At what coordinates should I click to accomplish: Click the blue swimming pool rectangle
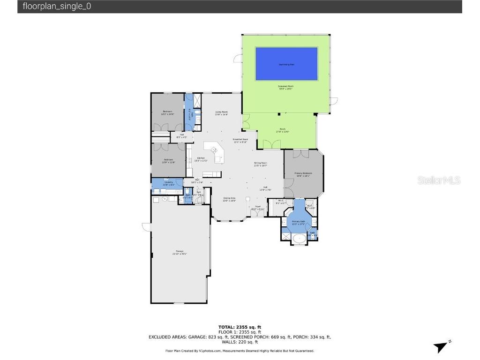pos(286,64)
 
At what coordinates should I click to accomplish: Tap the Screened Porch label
pos(286,88)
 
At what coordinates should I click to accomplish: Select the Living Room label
pos(221,112)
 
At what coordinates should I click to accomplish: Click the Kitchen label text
pos(201,159)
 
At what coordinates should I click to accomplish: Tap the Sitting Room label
pos(260,164)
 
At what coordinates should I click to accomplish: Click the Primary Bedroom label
pos(303,174)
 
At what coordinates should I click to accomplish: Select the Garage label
pos(180,252)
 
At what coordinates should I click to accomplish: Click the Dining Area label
pos(229,199)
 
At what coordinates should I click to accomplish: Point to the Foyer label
pos(257,207)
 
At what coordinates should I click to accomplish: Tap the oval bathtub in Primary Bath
pos(299,238)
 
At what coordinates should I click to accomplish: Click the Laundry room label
pos(168,183)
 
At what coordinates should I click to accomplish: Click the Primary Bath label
pos(299,222)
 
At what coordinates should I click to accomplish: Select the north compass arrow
pos(441,347)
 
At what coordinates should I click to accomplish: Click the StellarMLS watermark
pos(439,180)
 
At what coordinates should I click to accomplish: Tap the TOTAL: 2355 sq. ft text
pos(240,327)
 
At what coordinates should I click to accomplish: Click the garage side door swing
pos(146,227)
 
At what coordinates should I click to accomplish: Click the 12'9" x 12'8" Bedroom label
pos(168,161)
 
